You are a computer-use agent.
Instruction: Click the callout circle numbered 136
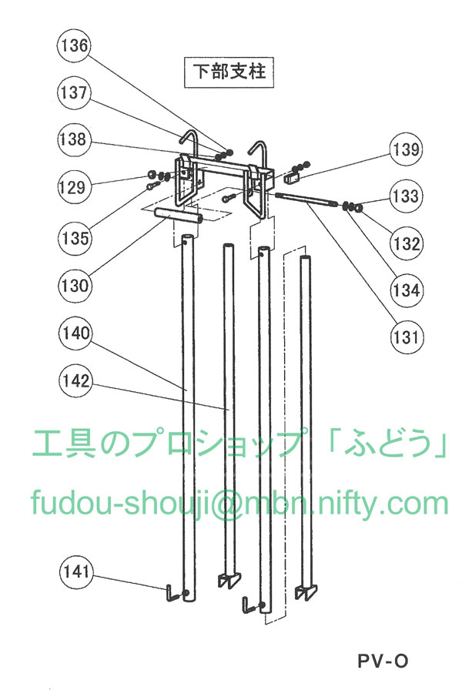pos(74,45)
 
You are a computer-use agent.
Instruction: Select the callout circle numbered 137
pos(74,93)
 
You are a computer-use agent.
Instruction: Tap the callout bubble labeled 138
pos(74,140)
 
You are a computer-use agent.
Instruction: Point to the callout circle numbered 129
pos(74,187)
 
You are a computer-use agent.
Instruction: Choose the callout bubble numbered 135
pos(75,238)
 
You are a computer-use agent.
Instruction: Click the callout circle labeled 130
pos(75,286)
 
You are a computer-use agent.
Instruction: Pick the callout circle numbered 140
pos(75,333)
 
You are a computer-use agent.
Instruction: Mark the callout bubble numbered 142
pos(75,380)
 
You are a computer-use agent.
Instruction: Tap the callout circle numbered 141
pos(76,571)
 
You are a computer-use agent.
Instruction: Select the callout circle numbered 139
pos(406,149)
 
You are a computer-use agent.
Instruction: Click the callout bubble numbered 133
pos(406,196)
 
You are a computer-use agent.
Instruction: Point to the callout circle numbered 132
pos(406,243)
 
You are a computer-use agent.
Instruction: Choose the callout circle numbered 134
pos(406,290)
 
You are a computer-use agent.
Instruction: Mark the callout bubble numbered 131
pos(406,337)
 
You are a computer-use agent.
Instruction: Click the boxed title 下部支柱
pos(229,72)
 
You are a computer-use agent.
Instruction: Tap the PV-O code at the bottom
pos(383,661)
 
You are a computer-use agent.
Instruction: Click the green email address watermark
pos(239,504)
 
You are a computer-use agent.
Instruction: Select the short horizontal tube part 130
pos(178,216)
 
